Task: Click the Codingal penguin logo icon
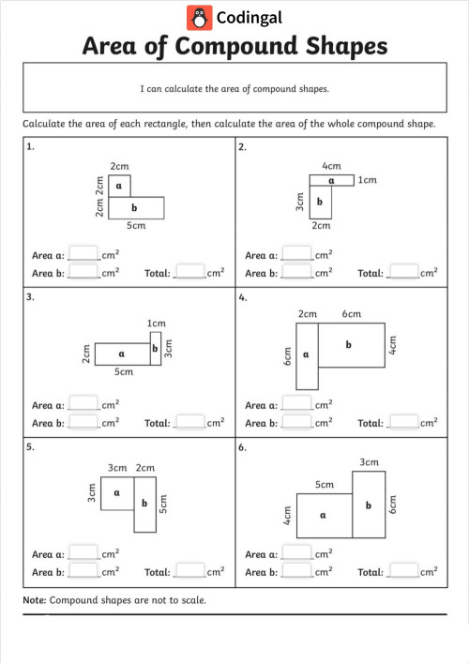click(x=199, y=16)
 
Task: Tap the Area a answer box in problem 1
click(x=83, y=253)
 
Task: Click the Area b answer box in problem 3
click(x=83, y=423)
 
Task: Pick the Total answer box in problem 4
click(x=403, y=423)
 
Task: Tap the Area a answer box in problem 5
click(x=83, y=553)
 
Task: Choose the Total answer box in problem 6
click(x=403, y=571)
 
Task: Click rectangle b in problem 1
click(x=137, y=206)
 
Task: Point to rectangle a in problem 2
click(x=331, y=180)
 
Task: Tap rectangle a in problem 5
click(x=116, y=492)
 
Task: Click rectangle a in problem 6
click(x=324, y=514)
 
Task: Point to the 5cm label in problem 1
click(x=137, y=226)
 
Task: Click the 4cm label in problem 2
click(x=330, y=164)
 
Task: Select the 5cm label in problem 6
click(x=324, y=484)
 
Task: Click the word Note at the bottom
click(x=34, y=599)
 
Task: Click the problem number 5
click(x=30, y=446)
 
